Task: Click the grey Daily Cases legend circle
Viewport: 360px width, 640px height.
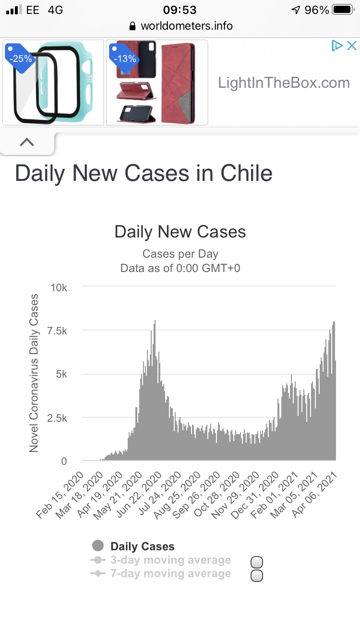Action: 98,545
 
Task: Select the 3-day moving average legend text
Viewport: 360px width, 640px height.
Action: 170,560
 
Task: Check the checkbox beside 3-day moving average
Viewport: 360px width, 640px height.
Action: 257,562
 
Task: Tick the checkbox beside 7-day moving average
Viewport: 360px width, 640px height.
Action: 257,576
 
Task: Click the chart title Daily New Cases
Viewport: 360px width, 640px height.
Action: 180,232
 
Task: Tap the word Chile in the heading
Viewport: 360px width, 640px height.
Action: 247,173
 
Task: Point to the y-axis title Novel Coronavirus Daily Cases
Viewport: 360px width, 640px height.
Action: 34,373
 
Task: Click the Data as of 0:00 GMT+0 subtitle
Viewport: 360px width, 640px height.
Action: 180,268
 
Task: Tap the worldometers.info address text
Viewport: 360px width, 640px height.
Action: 186,25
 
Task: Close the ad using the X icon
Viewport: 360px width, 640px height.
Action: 352,46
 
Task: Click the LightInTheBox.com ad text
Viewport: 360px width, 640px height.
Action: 284,83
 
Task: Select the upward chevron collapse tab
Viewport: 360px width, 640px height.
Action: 27,142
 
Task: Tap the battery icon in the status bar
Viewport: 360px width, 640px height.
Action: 343,10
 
